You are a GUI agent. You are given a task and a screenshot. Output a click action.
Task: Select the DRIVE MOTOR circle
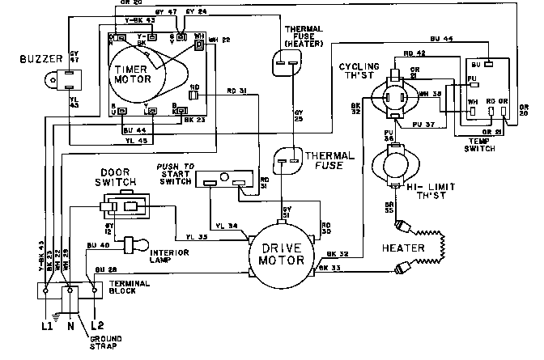click(x=278, y=252)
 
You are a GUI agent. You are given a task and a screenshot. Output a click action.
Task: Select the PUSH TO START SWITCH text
click(x=174, y=173)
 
